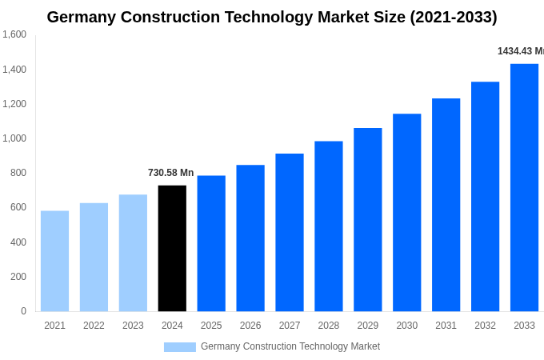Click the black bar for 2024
(x=172, y=248)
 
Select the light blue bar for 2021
(x=54, y=261)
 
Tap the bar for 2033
(x=524, y=187)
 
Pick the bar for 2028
(x=328, y=226)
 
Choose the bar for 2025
(x=211, y=243)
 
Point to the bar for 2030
(x=406, y=212)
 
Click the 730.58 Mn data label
(x=170, y=173)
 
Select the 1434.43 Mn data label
(x=520, y=51)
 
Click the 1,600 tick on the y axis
(x=14, y=34)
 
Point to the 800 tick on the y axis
(x=18, y=173)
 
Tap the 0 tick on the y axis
(x=23, y=311)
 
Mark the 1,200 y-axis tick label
(x=14, y=104)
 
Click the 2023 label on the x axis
(x=133, y=326)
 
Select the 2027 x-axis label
(x=290, y=326)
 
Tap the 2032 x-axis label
(x=485, y=326)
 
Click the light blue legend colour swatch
(x=179, y=347)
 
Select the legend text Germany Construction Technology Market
(x=290, y=346)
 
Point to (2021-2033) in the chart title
(x=453, y=17)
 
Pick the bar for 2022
(x=94, y=257)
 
